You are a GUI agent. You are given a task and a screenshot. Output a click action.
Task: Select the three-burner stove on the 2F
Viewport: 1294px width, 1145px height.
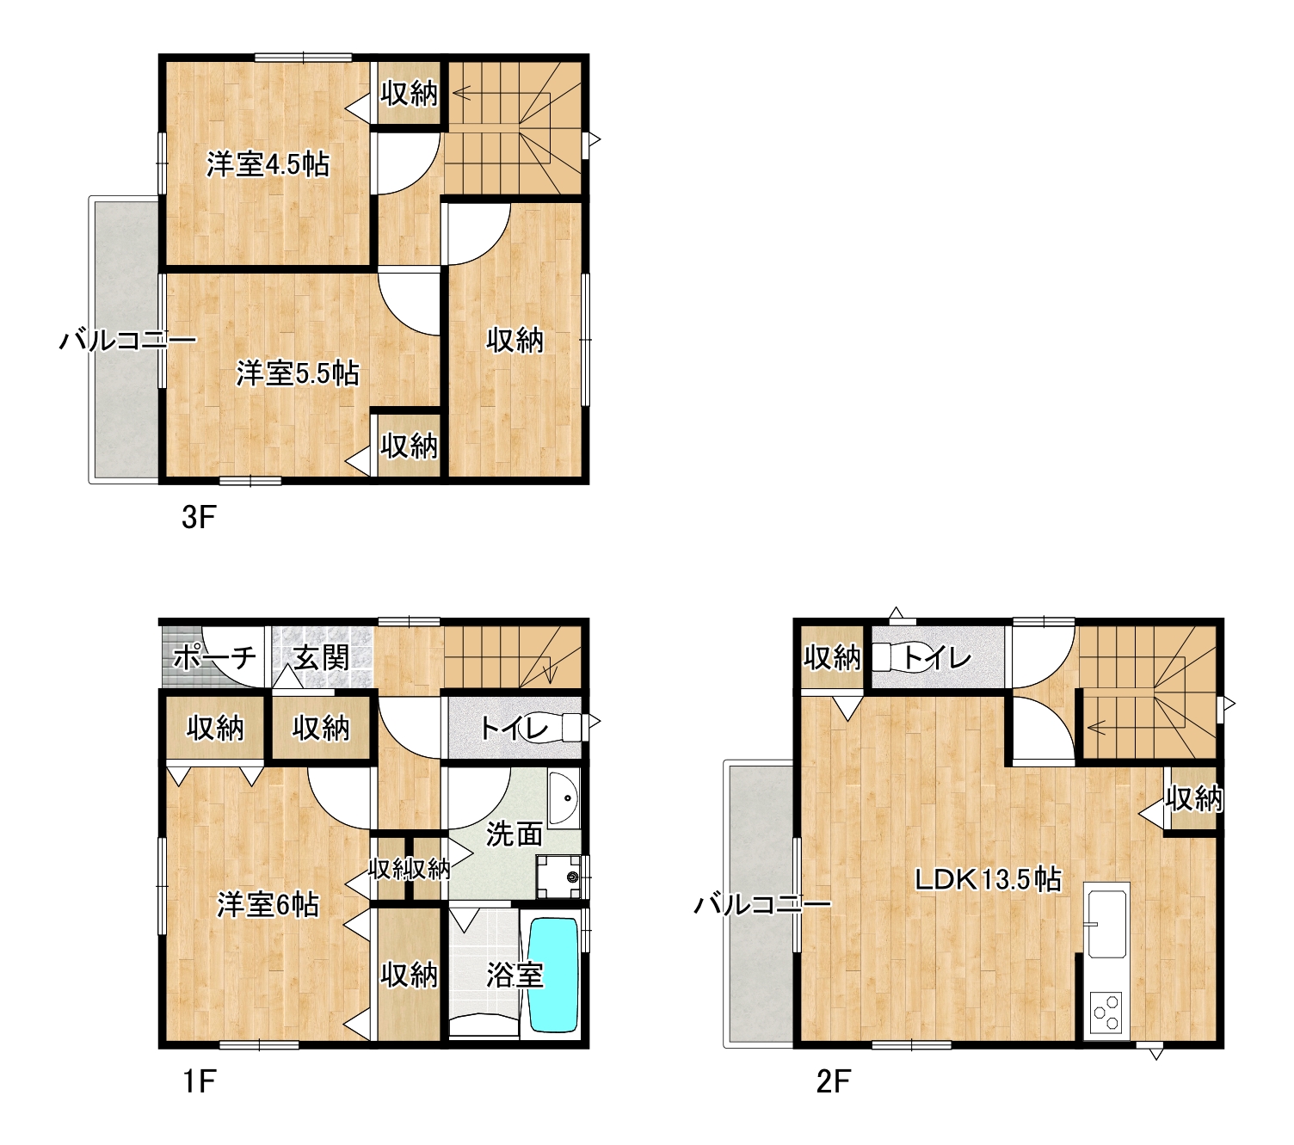[x=1106, y=1013]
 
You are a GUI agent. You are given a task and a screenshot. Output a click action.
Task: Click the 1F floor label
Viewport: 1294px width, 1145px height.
[x=200, y=1081]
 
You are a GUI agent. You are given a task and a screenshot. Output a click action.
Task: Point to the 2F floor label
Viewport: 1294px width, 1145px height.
[x=834, y=1081]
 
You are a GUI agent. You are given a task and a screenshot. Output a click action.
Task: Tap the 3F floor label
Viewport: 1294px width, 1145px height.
[x=199, y=517]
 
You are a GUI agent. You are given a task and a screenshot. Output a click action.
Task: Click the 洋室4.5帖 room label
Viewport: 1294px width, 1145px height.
[x=268, y=164]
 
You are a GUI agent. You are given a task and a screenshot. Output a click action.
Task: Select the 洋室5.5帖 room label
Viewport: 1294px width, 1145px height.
[x=298, y=373]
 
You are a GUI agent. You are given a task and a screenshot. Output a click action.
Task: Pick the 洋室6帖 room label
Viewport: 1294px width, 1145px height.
[x=268, y=904]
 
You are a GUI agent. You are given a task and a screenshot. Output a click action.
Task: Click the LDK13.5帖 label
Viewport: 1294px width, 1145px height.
[x=988, y=879]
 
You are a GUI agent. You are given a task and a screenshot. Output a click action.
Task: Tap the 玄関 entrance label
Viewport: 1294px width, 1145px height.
[x=321, y=656]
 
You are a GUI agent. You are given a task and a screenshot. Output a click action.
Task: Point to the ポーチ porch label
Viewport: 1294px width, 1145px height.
[x=214, y=656]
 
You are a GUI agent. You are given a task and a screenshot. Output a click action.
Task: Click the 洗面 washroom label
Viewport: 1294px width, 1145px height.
[x=515, y=834]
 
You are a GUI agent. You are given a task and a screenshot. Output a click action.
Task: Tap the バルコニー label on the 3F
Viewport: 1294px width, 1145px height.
[x=128, y=341]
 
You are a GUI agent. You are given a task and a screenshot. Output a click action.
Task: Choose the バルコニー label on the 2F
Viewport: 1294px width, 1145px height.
[x=762, y=904]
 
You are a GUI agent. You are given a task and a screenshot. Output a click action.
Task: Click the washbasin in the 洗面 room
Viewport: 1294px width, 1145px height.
[x=563, y=798]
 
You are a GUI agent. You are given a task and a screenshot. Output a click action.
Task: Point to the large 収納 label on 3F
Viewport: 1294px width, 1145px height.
[x=515, y=340]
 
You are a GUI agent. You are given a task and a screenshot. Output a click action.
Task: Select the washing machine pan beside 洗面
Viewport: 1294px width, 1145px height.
[x=558, y=876]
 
